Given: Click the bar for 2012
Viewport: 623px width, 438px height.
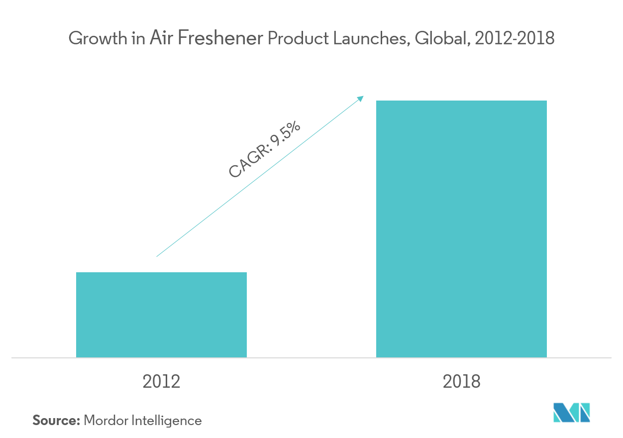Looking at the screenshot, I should tap(161, 315).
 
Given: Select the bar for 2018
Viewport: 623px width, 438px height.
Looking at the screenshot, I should tap(461, 229).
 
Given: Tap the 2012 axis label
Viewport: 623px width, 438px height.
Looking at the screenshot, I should tap(161, 382).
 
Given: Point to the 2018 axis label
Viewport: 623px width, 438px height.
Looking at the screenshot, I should tap(461, 382).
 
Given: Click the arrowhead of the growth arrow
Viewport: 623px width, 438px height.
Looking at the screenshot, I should tap(360, 99).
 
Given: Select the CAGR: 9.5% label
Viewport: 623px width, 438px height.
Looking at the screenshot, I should tap(265, 149).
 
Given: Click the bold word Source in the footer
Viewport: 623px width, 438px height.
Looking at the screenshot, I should tap(56, 421).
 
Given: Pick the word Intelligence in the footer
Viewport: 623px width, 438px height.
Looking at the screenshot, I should tap(167, 421).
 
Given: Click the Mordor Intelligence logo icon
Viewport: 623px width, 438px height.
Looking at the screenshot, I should tap(572, 413).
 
